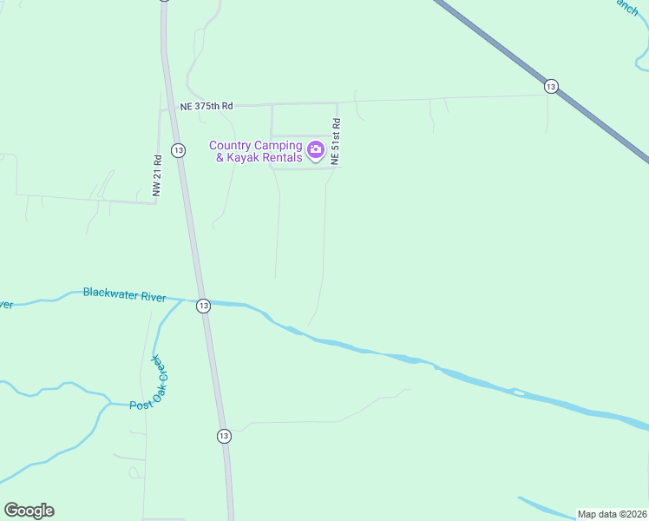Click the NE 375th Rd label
(x=206, y=106)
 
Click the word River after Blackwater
(x=154, y=297)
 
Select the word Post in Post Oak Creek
(x=141, y=406)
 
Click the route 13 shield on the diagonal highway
(x=551, y=86)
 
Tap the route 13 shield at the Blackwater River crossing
(x=203, y=306)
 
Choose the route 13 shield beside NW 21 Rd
(x=178, y=150)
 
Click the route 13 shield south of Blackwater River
(x=225, y=436)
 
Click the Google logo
(x=29, y=511)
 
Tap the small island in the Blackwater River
(x=519, y=393)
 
